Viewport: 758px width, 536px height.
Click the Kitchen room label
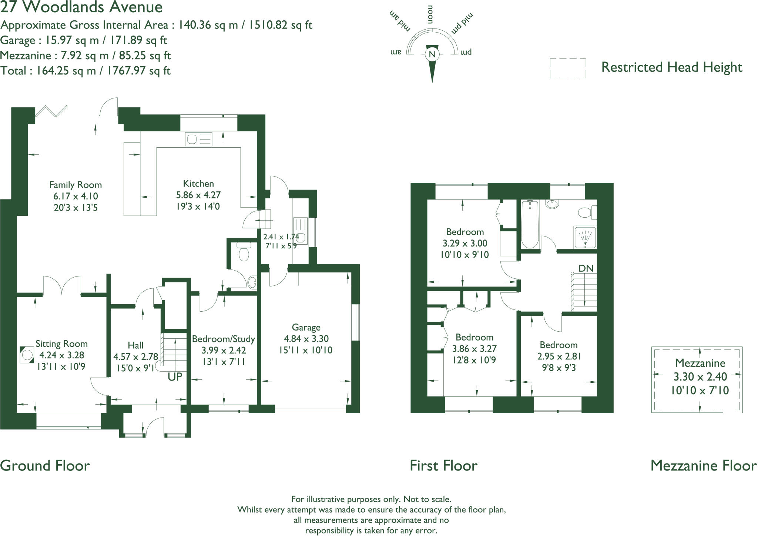[198, 184]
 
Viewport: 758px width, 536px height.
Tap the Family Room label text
[76, 185]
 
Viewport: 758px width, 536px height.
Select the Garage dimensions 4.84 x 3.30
[306, 338]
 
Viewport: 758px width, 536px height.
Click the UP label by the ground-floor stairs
[175, 377]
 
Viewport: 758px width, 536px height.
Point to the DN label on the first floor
[586, 268]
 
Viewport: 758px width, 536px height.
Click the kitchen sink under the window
[199, 139]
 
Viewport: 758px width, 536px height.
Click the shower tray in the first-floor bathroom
[585, 237]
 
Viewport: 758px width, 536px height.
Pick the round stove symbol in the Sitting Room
[27, 355]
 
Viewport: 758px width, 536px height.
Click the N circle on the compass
[432, 54]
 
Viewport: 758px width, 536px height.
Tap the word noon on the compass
[430, 15]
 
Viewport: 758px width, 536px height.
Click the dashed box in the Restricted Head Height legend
[568, 68]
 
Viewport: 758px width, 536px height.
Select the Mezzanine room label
[700, 363]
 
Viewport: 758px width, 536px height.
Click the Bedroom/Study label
[223, 339]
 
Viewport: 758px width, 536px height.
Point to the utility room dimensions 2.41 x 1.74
[281, 237]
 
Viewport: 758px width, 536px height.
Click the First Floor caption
[443, 465]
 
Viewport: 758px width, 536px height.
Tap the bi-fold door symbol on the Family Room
[51, 111]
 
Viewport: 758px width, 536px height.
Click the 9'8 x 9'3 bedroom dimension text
[559, 368]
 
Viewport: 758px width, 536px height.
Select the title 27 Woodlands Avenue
[81, 7]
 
